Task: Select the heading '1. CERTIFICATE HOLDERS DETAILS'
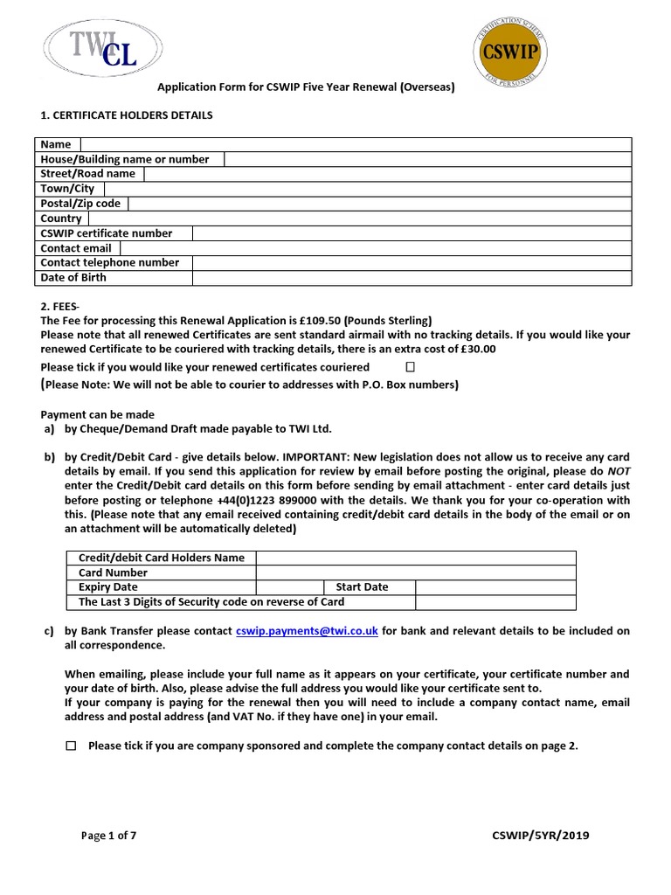pyautogui.click(x=127, y=115)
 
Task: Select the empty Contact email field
pyautogui.click(x=376, y=248)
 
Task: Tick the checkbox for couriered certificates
pyautogui.click(x=411, y=367)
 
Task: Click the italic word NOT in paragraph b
pyautogui.click(x=619, y=472)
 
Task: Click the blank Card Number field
pyautogui.click(x=416, y=573)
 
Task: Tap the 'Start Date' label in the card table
pyautogui.click(x=363, y=587)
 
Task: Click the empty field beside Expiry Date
pyautogui.click(x=290, y=587)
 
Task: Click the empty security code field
pyautogui.click(x=495, y=602)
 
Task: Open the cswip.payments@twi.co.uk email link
pyautogui.click(x=307, y=631)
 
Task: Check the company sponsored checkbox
pyautogui.click(x=71, y=746)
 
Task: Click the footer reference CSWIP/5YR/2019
pyautogui.click(x=541, y=836)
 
